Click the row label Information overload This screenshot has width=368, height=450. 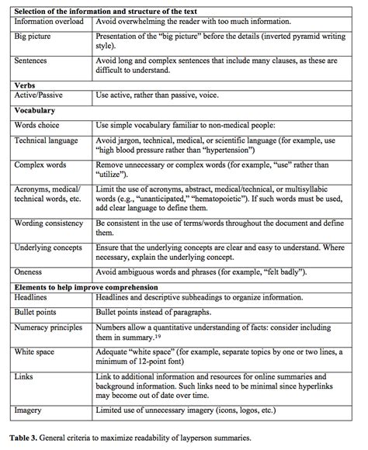(47, 23)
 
